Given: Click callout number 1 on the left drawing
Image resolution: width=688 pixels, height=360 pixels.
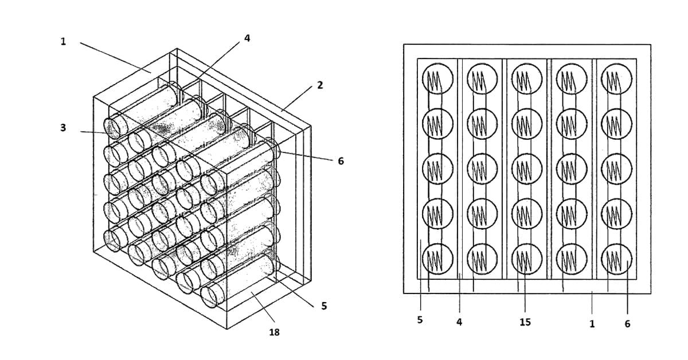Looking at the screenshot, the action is [x=63, y=41].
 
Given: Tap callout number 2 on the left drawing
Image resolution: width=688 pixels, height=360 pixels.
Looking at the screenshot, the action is [x=320, y=85].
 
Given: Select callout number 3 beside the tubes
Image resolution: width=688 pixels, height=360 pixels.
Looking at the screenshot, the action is [x=63, y=127].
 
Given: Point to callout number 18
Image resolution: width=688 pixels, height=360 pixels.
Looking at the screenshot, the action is [x=274, y=332].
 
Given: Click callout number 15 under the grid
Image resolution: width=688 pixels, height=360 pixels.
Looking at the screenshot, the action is [x=525, y=322].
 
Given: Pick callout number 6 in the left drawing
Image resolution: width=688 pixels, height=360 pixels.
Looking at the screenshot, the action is [x=341, y=161].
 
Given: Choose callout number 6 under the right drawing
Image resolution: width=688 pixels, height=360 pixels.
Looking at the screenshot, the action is [x=627, y=324].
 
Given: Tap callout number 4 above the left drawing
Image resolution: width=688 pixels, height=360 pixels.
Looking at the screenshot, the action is [x=247, y=38].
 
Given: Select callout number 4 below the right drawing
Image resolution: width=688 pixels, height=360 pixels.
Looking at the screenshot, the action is [x=459, y=322].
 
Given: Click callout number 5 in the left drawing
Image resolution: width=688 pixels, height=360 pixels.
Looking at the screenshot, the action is [x=324, y=306].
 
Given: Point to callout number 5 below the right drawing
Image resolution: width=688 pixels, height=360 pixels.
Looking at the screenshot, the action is [x=420, y=320].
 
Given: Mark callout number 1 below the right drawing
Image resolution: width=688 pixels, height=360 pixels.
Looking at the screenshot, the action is [x=592, y=324].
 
